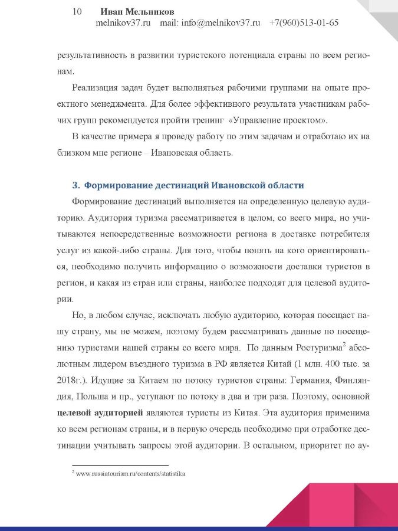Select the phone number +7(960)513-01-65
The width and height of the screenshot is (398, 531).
[x=304, y=24]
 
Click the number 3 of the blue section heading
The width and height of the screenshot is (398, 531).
[x=74, y=185]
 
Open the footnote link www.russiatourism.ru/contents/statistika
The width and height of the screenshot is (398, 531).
[x=130, y=473]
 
